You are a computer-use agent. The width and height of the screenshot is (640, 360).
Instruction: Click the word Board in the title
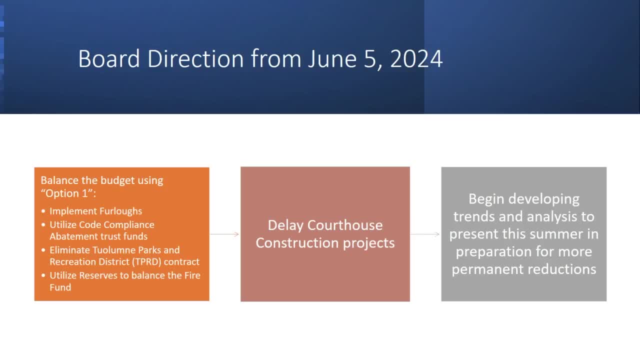click(x=109, y=59)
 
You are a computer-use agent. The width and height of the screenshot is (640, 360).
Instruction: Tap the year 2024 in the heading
click(x=416, y=59)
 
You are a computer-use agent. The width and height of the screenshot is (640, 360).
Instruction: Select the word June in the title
click(x=332, y=59)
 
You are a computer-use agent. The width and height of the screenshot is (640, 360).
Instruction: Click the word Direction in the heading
click(x=195, y=59)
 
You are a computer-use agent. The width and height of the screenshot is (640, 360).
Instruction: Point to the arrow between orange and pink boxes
click(x=224, y=234)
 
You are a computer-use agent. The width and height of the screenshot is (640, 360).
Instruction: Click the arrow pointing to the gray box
click(x=425, y=234)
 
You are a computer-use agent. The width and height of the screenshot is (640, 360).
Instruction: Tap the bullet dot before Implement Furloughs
click(x=43, y=211)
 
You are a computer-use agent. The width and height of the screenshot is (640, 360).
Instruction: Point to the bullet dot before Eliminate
click(x=43, y=250)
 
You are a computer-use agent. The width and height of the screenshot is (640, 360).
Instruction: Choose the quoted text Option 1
click(x=67, y=193)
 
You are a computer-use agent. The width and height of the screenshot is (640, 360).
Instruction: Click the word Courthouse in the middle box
click(x=345, y=225)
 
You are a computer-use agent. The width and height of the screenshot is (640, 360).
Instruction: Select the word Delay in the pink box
click(x=285, y=225)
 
